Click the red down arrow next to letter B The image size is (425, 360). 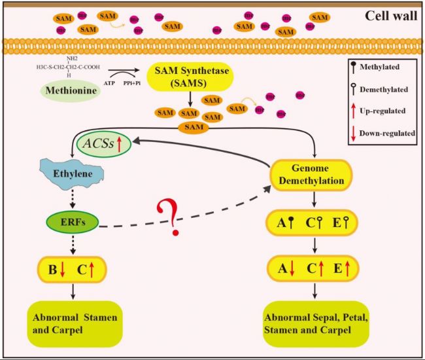[62, 268]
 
